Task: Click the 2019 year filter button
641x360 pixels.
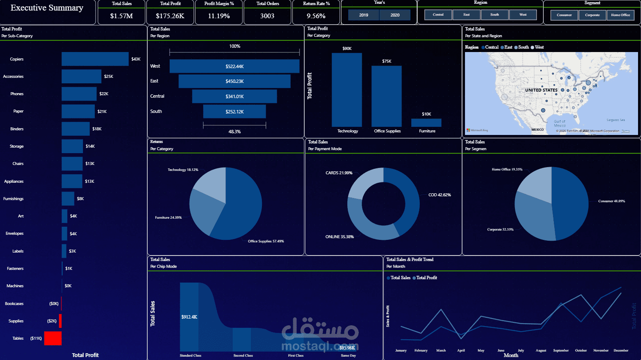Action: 363,15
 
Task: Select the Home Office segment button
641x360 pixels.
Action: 620,15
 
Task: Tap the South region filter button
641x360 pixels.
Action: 494,15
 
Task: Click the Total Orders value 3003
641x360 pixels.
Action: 267,16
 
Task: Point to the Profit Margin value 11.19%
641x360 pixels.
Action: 219,16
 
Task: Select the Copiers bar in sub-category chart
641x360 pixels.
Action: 95,59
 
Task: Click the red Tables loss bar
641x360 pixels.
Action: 53,338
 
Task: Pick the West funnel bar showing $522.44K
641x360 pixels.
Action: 234,66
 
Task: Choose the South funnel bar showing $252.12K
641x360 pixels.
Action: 234,112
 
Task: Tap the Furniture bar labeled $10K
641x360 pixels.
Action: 426,123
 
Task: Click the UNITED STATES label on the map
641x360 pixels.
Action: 541,90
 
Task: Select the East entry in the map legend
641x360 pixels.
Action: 508,47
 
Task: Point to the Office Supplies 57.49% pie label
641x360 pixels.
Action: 266,241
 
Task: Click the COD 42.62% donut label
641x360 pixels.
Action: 440,195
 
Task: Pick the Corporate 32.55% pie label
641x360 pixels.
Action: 500,230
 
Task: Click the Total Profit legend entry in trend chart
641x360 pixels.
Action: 426,278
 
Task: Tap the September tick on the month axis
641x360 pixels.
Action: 561,351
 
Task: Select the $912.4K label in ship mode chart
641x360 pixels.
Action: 189,317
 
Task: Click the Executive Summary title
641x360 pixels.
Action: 47,8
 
